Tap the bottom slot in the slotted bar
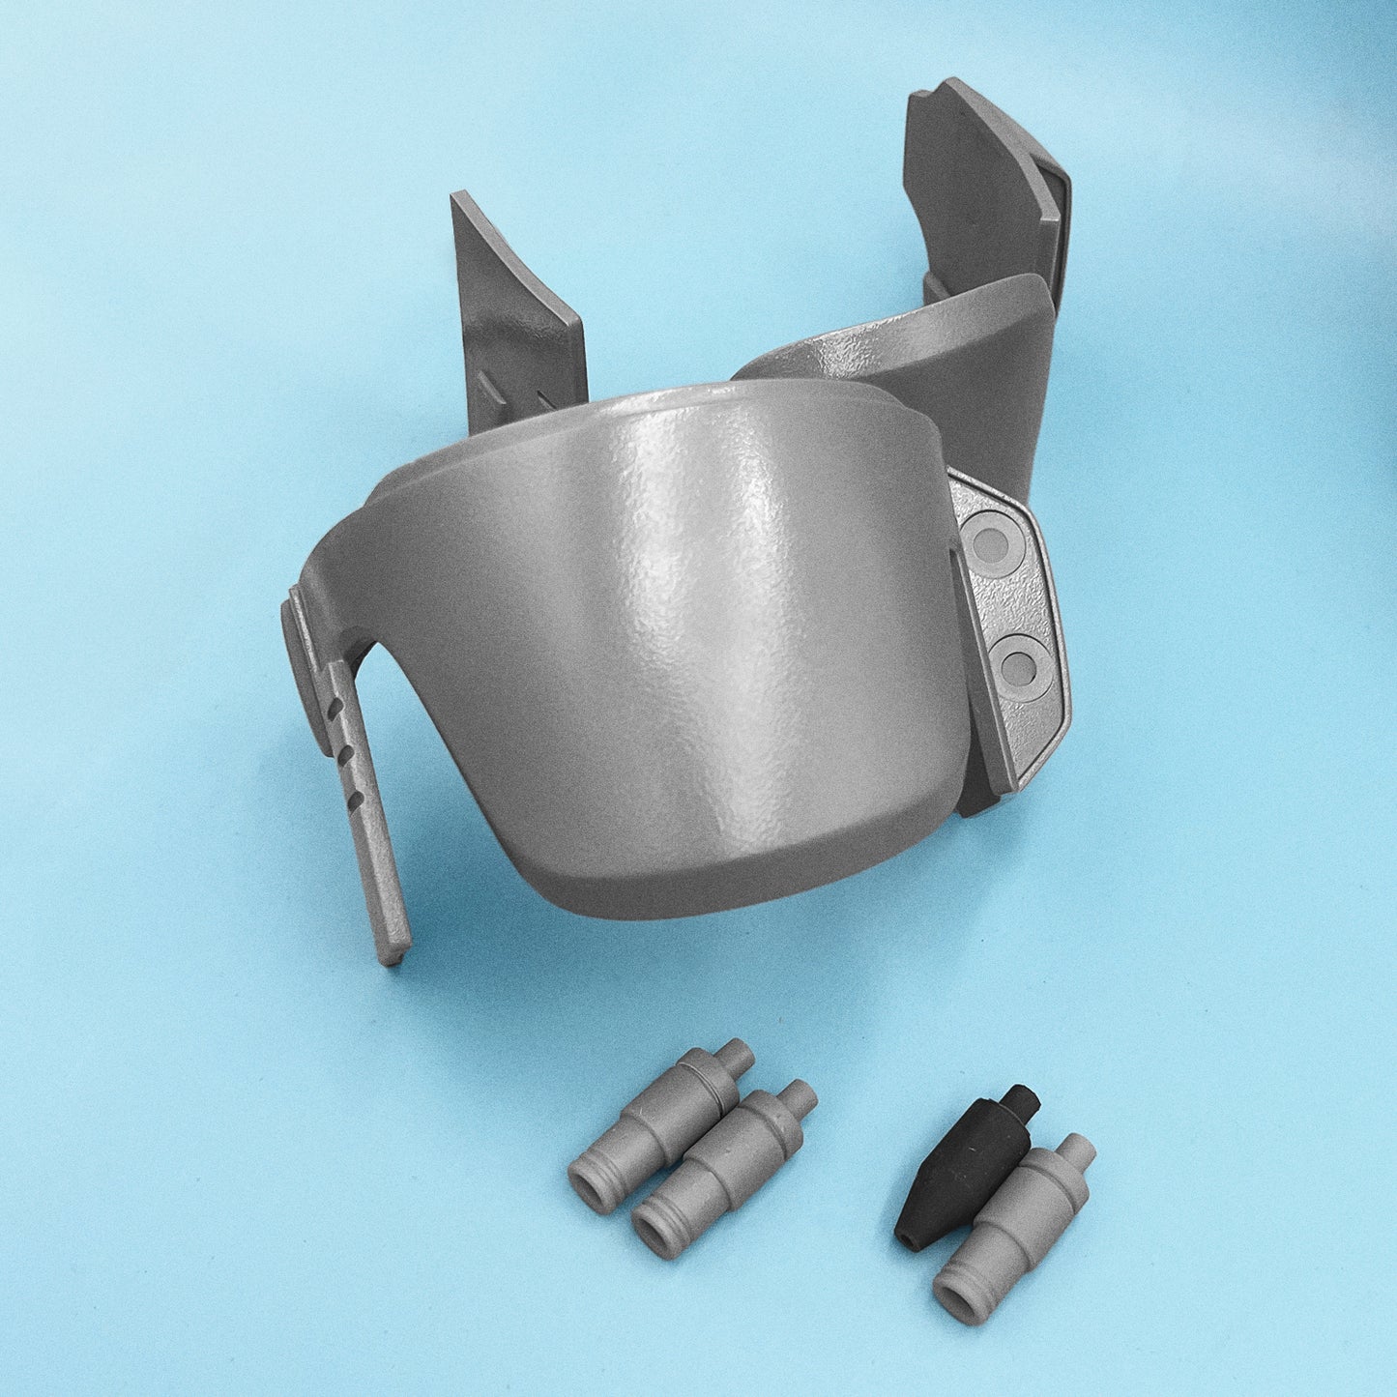356,797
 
